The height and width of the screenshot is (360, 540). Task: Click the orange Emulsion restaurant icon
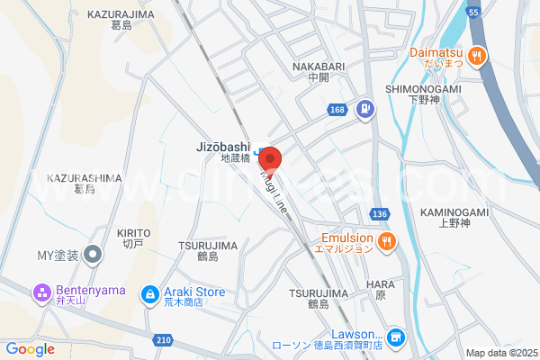click(386, 240)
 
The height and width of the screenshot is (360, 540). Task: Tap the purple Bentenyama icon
click(40, 293)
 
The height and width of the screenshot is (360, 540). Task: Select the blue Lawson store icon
click(396, 337)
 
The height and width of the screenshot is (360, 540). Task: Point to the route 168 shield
click(337, 110)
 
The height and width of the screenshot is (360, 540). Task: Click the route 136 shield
click(380, 214)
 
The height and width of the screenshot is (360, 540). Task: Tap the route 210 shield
click(163, 339)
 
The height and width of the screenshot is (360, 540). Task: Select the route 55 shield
click(474, 12)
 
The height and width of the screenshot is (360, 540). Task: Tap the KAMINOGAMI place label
click(453, 212)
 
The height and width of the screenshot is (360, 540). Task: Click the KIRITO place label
click(132, 233)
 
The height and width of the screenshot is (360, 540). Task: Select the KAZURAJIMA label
click(121, 15)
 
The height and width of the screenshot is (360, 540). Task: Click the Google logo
click(31, 349)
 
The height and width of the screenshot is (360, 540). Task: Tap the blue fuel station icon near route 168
click(365, 110)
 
